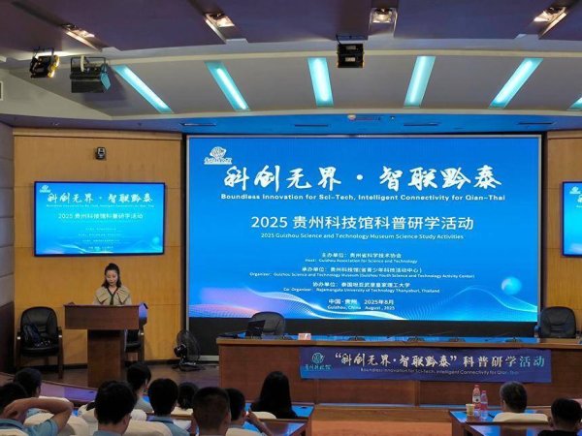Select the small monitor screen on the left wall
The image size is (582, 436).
point(99,218)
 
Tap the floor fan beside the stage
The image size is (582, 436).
point(188,348)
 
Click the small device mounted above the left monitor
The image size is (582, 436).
point(100,153)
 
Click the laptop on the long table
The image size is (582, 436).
point(254,328)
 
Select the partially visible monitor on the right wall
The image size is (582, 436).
point(571,218)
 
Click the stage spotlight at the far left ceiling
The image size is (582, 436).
point(44,65)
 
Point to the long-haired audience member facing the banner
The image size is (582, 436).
point(275,395)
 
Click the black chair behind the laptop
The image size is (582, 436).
point(268,323)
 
